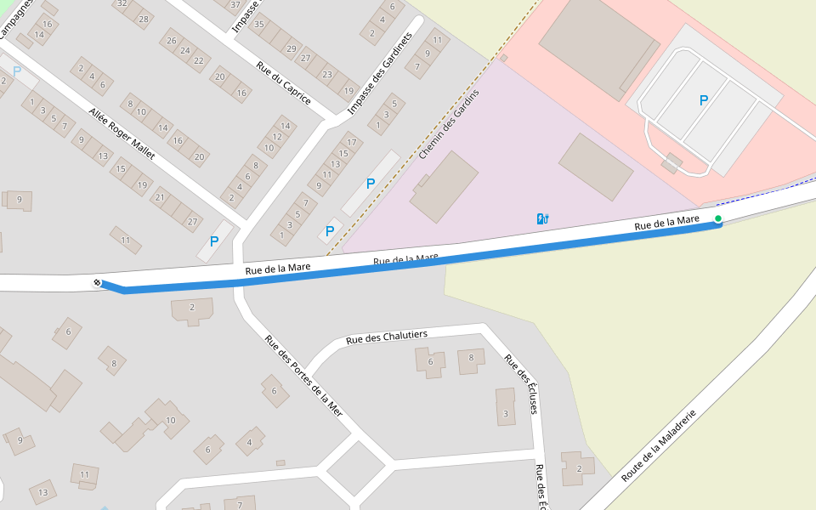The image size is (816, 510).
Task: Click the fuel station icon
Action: (542, 218)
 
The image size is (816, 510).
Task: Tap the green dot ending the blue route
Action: (718, 219)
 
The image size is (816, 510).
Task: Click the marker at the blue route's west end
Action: (97, 282)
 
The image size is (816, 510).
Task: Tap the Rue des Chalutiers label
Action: (387, 337)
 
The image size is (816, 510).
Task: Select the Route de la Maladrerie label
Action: (659, 445)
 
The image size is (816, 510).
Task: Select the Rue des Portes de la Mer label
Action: (303, 374)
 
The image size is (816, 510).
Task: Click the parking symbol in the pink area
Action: (703, 100)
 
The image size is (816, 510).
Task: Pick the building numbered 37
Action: (235, 4)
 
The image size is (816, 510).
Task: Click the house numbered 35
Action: (259, 24)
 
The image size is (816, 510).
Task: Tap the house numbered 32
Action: (122, 3)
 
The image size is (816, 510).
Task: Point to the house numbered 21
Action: (159, 197)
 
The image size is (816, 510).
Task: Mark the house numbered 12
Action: (277, 137)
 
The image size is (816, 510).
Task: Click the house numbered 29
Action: (292, 49)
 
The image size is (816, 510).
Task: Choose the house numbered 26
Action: (172, 41)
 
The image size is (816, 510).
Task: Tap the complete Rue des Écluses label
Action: (521, 384)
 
